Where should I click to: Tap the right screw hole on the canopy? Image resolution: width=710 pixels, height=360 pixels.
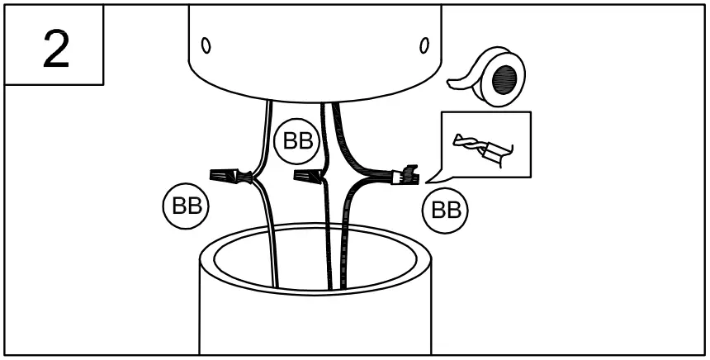(x=426, y=43)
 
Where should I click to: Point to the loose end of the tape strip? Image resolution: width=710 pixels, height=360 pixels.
(x=454, y=83)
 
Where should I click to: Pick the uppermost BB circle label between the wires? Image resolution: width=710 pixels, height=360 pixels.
(x=296, y=141)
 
